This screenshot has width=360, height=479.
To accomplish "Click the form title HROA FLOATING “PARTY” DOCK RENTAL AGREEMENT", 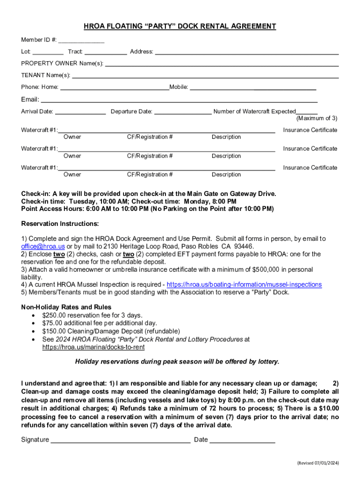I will tap(180, 27).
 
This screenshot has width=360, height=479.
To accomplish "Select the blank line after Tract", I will tap(106, 52).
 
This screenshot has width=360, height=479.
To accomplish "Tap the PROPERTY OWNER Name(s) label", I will tap(62, 63).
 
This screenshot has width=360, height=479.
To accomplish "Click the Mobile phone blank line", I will tap(252, 87).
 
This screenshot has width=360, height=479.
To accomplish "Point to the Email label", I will tap(30, 99).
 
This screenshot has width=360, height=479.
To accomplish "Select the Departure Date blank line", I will tap(183, 112).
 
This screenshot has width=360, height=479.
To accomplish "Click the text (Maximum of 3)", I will tap(317, 118).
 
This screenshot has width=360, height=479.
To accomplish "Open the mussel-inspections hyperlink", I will tap(244, 284).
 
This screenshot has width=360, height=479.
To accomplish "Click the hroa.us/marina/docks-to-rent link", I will tap(93, 347).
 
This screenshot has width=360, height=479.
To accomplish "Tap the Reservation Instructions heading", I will tap(60, 224).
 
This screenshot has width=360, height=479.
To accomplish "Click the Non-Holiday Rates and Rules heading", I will tap(66, 307).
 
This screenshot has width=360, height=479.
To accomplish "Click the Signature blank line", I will tap(120, 440).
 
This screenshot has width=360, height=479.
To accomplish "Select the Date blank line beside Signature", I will tap(242, 440).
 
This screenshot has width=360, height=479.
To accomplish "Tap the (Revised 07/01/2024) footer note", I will tap(318, 463).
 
